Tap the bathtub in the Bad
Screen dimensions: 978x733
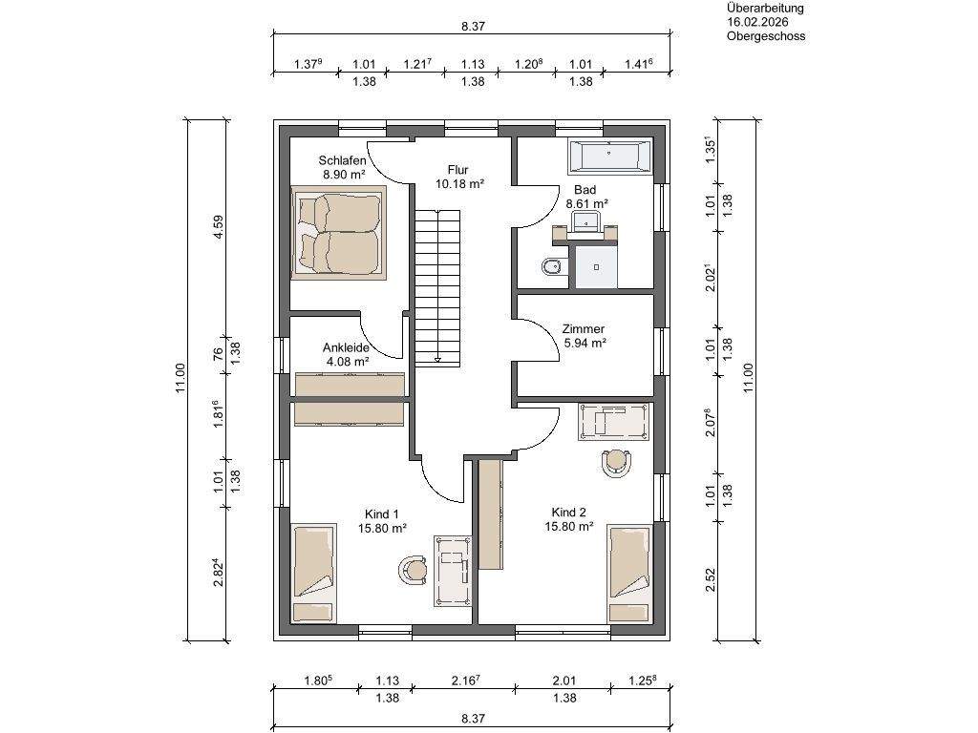609,156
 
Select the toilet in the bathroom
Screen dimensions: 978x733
551,267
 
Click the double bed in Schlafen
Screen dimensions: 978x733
339,233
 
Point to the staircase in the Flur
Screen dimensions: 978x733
438,286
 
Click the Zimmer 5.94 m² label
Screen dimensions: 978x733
585,335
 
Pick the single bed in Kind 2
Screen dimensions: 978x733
630,574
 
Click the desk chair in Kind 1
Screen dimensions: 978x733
413,569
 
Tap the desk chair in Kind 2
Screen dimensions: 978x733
616,463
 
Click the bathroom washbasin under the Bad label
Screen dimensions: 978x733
585,221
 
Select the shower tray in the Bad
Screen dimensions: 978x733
596,267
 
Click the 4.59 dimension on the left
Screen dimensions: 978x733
218,227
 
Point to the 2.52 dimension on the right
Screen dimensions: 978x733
710,579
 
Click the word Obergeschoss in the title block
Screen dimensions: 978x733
766,36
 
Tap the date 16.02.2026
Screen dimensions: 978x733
757,23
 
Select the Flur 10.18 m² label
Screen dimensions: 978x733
459,177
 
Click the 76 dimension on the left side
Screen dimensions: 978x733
218,354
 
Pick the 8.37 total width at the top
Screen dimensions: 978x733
474,26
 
